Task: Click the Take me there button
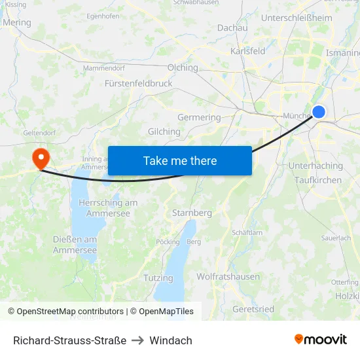pyautogui.click(x=179, y=161)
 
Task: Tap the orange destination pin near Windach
pyautogui.click(x=40, y=158)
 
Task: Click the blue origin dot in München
pyautogui.click(x=319, y=112)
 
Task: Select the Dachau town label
pyautogui.click(x=232, y=27)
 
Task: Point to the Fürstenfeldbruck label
pyautogui.click(x=138, y=84)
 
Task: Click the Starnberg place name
pyautogui.click(x=192, y=213)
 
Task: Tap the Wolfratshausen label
pyautogui.click(x=228, y=277)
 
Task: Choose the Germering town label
pyautogui.click(x=199, y=117)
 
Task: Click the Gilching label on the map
pyautogui.click(x=164, y=132)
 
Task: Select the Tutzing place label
pyautogui.click(x=158, y=278)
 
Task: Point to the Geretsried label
pyautogui.click(x=253, y=308)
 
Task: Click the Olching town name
pyautogui.click(x=183, y=67)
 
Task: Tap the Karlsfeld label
pyautogui.click(x=247, y=51)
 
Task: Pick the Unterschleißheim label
pyautogui.click(x=297, y=18)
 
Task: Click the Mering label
pyautogui.click(x=17, y=22)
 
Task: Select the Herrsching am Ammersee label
pyautogui.click(x=108, y=208)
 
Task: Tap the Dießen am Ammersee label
pyautogui.click(x=75, y=245)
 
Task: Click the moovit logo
pyautogui.click(x=320, y=340)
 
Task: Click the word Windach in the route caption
pyautogui.click(x=171, y=340)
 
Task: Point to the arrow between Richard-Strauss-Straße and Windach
pyautogui.click(x=137, y=340)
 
